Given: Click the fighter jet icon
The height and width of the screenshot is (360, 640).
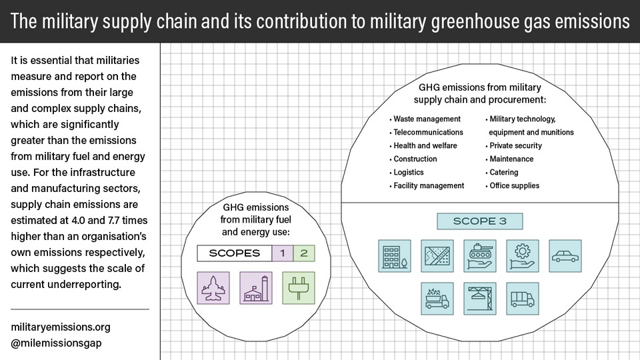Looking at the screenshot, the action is [213, 288].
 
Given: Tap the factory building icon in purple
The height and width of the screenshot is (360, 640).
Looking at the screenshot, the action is [256, 288].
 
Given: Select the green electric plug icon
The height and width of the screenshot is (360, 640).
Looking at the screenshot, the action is [299, 288].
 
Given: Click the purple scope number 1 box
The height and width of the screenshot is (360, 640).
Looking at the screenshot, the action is [283, 253].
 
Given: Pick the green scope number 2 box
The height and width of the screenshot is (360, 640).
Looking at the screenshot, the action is [304, 253].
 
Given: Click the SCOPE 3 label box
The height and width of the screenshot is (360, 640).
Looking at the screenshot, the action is [479, 221].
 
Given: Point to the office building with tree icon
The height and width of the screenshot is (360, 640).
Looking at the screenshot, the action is [395, 256].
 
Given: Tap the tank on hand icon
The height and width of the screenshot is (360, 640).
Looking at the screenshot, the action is [480, 256].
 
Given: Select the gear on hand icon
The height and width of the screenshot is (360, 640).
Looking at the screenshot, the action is [523, 256].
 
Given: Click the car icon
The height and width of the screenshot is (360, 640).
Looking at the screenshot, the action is [565, 256].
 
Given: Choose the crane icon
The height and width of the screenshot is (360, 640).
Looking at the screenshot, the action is [480, 299].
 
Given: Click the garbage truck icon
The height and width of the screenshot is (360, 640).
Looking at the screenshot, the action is [437, 299].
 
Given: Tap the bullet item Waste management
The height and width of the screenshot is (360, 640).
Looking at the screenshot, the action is [425, 119].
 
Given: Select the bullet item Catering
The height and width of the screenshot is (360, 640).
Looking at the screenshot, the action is [502, 172].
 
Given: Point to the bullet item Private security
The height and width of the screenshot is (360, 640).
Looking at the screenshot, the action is [514, 146].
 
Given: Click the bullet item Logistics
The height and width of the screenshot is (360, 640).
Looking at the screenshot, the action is [407, 172].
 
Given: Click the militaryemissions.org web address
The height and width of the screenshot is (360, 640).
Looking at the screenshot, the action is [61, 327].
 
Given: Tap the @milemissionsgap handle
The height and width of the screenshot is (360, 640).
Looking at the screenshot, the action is [56, 343].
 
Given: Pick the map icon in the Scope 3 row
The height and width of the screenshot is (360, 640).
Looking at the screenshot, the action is [437, 256].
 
